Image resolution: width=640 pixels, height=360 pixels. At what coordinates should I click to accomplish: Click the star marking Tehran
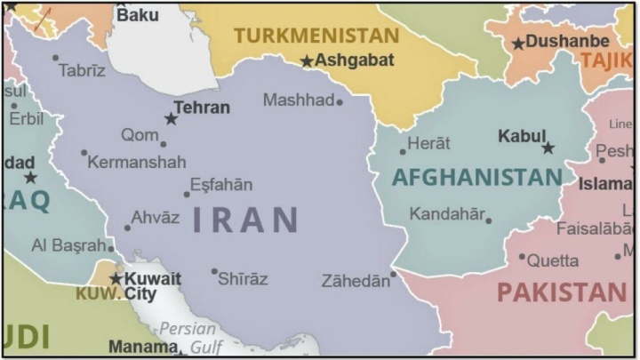(171, 118)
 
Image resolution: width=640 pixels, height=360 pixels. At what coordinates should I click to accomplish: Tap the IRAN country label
(245, 219)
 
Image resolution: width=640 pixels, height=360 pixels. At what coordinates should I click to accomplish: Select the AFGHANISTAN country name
(476, 177)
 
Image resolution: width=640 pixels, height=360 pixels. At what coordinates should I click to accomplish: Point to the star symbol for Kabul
(548, 148)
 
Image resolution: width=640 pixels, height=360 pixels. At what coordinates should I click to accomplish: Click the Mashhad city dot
(339, 102)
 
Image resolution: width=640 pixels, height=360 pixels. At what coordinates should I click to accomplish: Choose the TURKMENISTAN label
(316, 36)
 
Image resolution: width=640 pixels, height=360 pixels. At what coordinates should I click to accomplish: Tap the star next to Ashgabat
(307, 61)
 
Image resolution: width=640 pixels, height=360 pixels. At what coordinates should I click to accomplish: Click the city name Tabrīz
(82, 70)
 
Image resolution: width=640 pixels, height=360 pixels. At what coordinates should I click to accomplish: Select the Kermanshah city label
(138, 162)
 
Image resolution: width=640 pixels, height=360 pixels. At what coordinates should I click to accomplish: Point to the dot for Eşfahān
(187, 193)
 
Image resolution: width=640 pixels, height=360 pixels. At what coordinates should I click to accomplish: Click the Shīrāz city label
(243, 279)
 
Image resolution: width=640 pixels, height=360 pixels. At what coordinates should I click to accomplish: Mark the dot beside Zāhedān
(393, 274)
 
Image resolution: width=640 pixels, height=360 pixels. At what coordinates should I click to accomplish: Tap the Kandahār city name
(447, 213)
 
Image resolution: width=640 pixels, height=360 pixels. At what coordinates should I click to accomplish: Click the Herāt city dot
(403, 151)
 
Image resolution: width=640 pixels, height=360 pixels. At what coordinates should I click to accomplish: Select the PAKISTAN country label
(561, 292)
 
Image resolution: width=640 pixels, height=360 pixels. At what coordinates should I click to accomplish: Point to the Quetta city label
(552, 260)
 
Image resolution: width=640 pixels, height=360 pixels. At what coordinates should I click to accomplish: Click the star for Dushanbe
(518, 44)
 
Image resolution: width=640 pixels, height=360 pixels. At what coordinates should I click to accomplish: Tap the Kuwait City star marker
(116, 279)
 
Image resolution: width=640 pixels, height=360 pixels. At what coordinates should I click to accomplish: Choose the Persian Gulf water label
(188, 338)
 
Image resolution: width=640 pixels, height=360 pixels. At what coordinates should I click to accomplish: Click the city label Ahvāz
(155, 218)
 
